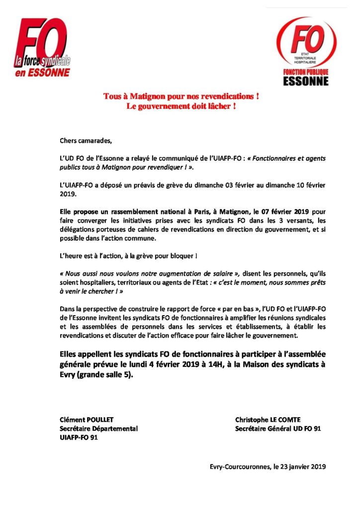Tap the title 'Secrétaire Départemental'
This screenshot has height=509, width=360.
coord(98,428)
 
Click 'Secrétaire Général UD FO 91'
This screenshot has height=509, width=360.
coord(277,428)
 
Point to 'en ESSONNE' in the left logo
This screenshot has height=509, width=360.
coord(42,73)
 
